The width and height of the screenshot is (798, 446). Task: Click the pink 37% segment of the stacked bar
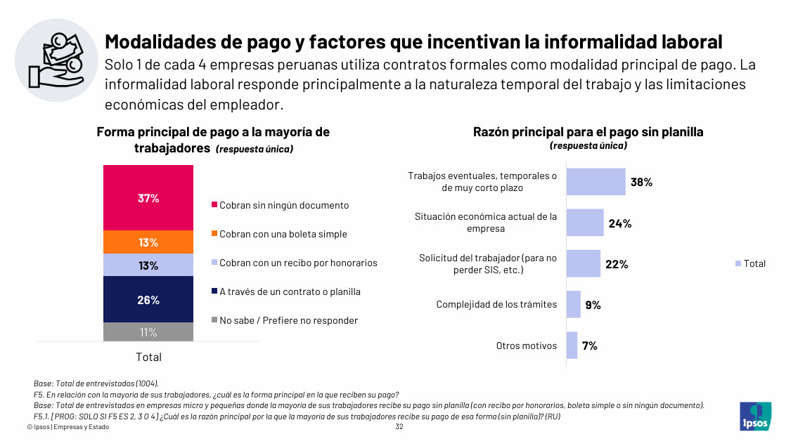tap(148, 198)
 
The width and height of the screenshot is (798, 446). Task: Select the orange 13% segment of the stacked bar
tap(148, 242)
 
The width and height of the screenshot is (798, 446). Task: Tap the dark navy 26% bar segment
tap(148, 299)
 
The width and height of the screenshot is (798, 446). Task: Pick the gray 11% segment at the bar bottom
tap(148, 332)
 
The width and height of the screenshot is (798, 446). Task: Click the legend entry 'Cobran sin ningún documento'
tap(281, 205)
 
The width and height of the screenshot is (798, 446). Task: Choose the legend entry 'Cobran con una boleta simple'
tap(279, 234)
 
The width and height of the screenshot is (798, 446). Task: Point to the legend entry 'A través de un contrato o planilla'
tap(286, 291)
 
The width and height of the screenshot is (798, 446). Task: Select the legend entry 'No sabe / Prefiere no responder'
tap(285, 320)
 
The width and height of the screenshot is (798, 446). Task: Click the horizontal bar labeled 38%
tap(596, 181)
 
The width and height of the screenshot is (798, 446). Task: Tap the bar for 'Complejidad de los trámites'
tap(574, 304)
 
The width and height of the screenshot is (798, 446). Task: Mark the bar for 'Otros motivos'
tap(572, 346)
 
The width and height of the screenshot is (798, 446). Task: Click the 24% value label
tap(620, 223)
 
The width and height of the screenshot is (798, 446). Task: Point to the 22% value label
tap(617, 264)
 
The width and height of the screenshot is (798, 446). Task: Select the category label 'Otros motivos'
tap(526, 346)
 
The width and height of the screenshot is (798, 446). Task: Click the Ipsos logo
tap(755, 417)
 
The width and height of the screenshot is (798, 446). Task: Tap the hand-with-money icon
tap(56, 60)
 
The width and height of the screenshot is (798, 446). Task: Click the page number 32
tap(399, 426)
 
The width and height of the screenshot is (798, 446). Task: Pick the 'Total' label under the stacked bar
tap(148, 357)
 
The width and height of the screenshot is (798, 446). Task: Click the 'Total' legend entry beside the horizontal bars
tap(750, 263)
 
